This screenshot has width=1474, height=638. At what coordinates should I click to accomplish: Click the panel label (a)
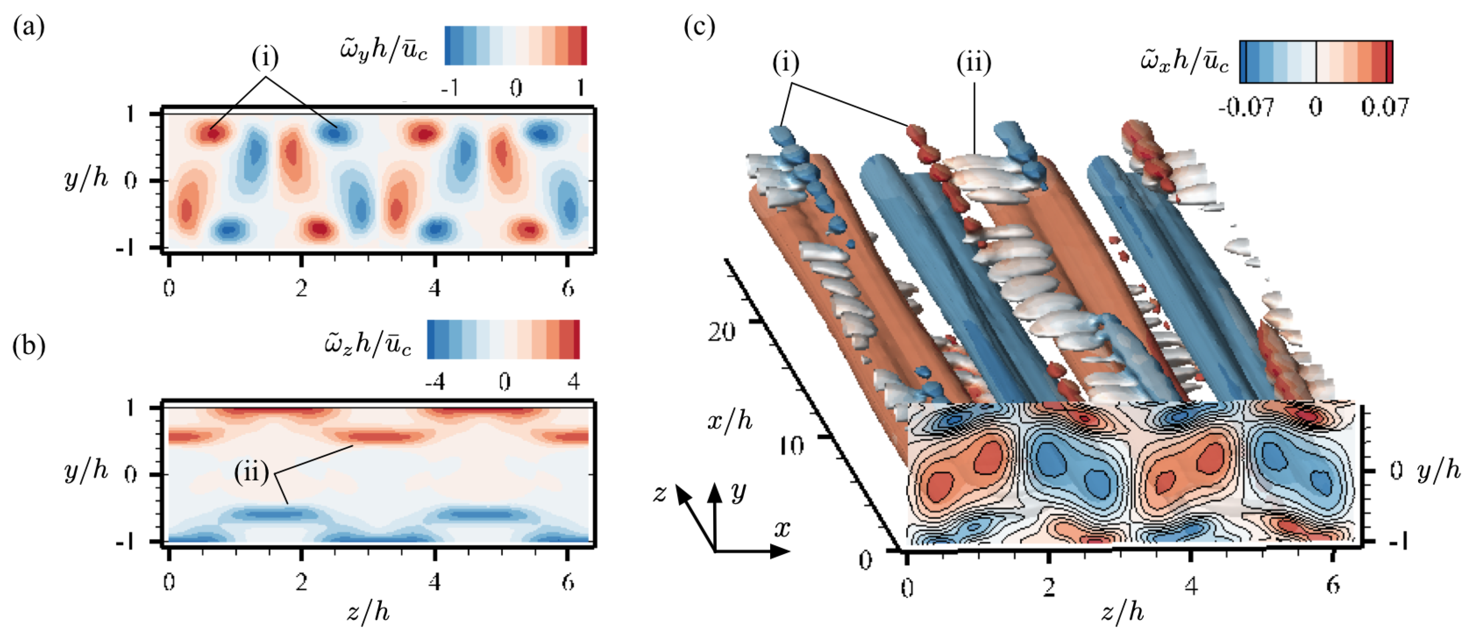click(x=29, y=27)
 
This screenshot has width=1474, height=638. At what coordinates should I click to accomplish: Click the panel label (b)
click(x=29, y=347)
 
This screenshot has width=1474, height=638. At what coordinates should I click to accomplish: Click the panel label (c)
click(x=699, y=27)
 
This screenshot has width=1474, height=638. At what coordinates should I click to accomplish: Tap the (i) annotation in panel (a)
click(x=265, y=57)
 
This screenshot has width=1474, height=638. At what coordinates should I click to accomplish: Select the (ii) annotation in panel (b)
click(x=251, y=473)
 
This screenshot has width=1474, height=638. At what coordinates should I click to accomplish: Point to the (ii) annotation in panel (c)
click(x=974, y=62)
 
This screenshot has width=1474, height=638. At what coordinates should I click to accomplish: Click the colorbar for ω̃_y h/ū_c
click(x=516, y=45)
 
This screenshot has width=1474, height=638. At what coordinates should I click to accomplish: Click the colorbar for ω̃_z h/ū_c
click(x=504, y=339)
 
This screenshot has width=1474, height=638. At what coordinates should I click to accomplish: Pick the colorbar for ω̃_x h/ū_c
click(x=1316, y=62)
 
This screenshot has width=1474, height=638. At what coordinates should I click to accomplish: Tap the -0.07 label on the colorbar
click(x=1246, y=107)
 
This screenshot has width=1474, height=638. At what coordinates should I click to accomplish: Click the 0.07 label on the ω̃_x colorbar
click(x=1385, y=107)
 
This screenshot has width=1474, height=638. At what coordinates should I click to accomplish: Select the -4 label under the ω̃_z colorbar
click(x=435, y=381)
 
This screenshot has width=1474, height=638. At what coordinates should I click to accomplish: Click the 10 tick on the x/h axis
click(x=792, y=445)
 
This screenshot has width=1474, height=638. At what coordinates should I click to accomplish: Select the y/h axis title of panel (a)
click(x=86, y=179)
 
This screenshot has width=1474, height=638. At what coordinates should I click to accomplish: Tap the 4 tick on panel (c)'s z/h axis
click(x=1191, y=587)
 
